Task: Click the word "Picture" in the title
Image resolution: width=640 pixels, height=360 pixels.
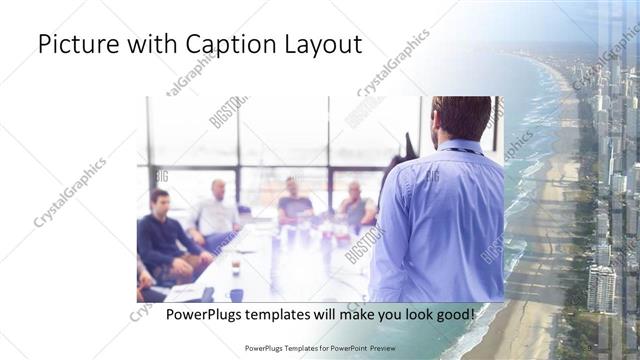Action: (x=77, y=45)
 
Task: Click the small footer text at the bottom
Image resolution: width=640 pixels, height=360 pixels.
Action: (x=320, y=349)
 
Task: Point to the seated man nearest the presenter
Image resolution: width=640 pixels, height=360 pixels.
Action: (x=356, y=205)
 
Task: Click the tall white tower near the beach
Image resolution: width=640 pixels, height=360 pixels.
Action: (x=601, y=290)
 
